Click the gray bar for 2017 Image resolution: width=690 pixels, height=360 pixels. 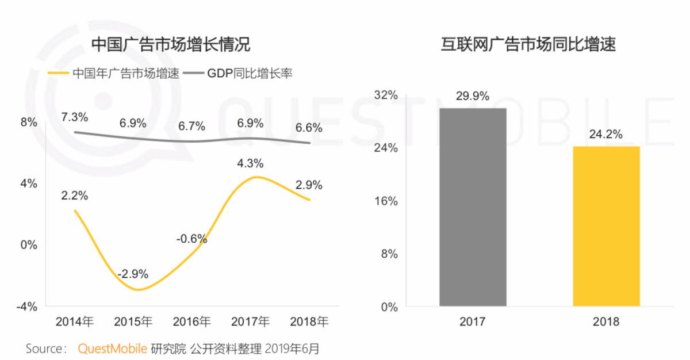tap(473, 207)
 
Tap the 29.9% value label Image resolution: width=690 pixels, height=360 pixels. tap(473, 96)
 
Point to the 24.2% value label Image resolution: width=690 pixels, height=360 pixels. tap(606, 135)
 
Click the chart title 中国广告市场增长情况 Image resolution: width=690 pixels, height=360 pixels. tap(171, 44)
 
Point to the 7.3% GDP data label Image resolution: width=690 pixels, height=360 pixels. tap(75, 117)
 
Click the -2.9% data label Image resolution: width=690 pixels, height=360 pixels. tap(133, 273)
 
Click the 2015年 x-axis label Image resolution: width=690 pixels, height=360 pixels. tap(133, 321)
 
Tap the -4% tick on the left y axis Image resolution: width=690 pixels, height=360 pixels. tap(27, 306)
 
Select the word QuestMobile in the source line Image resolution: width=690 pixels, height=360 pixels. tap(113, 348)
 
